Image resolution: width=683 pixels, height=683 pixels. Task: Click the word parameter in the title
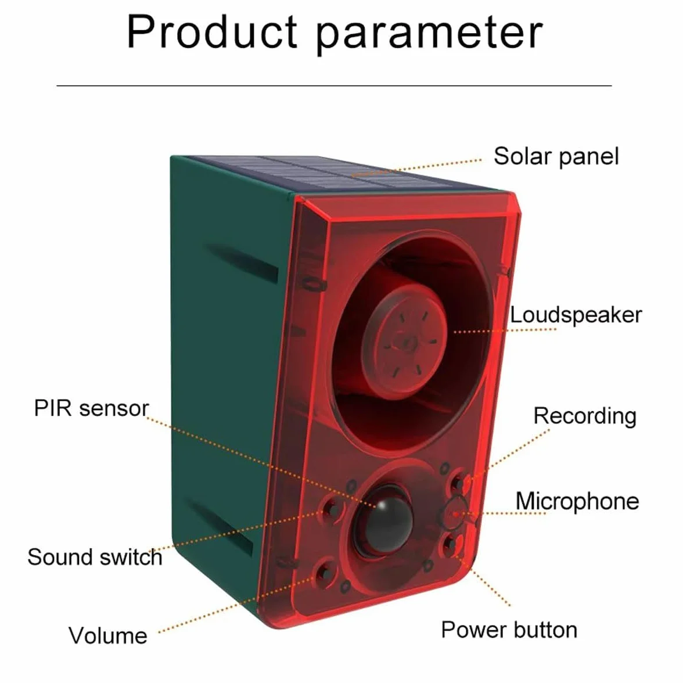[430, 34]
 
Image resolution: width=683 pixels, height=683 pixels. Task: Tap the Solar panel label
[556, 156]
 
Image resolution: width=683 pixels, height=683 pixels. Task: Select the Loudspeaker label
[576, 315]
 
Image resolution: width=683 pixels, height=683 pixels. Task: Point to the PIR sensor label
[92, 409]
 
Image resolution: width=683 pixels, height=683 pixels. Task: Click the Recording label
[584, 416]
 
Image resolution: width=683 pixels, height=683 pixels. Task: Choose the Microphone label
[577, 501]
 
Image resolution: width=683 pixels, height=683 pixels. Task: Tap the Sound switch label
[95, 557]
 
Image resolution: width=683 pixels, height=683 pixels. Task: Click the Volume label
[108, 635]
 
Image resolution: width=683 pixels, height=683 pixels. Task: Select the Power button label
[509, 630]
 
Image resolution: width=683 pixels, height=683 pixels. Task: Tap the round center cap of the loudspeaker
[403, 339]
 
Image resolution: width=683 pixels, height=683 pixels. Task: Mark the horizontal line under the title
[334, 86]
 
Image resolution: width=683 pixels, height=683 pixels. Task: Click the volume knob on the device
[323, 573]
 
